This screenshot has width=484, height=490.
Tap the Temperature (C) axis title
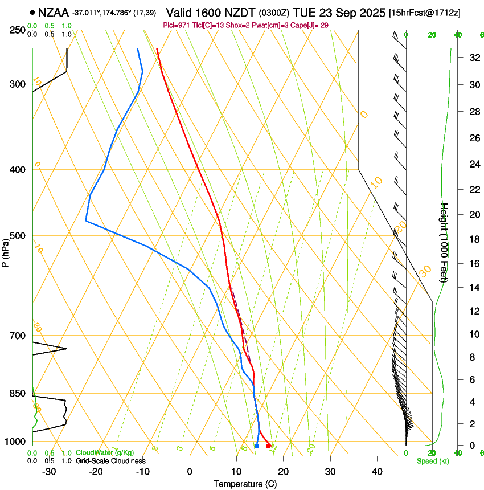click(x=245, y=484)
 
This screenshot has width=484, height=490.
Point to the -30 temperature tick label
click(x=49, y=472)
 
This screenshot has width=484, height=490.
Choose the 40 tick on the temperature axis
click(x=377, y=472)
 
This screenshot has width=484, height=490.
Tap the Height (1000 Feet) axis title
click(x=444, y=243)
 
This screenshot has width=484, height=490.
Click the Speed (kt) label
click(x=432, y=461)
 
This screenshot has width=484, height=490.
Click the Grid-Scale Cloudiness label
click(x=111, y=461)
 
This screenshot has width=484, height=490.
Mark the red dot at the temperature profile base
click(x=269, y=446)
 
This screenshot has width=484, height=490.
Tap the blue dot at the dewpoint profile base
click(x=256, y=446)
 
